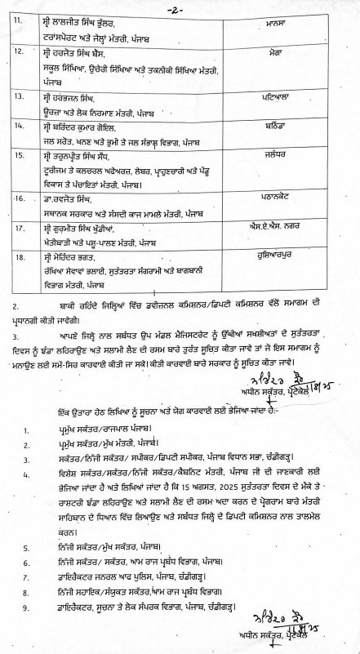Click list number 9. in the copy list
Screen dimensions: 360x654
pyautogui.click(x=26, y=608)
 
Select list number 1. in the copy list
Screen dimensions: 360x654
pyautogui.click(x=26, y=428)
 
